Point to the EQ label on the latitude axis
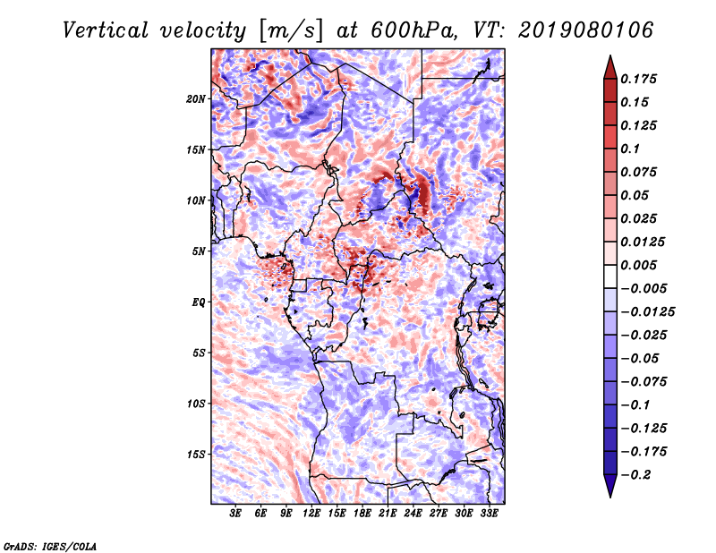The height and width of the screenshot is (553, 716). click(x=200, y=302)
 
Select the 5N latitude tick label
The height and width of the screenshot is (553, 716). click(x=199, y=251)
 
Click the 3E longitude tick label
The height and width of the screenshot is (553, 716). click(x=236, y=514)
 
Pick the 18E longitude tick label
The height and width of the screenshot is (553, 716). click(x=362, y=514)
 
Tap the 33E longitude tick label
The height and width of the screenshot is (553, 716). click(x=489, y=514)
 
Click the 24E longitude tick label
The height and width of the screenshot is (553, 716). click(x=413, y=514)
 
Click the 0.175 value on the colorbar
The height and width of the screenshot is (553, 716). click(x=642, y=80)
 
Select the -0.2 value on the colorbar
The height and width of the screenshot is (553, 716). click(x=637, y=475)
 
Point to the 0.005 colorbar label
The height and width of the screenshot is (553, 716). click(x=642, y=266)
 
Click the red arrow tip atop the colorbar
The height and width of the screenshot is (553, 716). click(x=609, y=63)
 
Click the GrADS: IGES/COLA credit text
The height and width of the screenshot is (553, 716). click(x=49, y=545)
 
